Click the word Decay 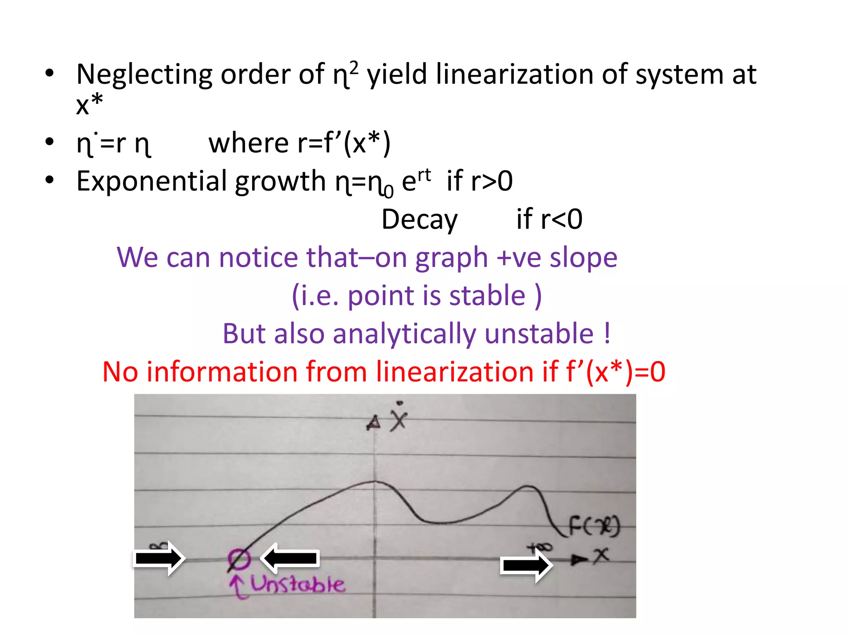tap(419, 219)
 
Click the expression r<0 tap(561, 219)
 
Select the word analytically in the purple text tap(404, 334)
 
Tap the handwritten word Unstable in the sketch tap(297, 585)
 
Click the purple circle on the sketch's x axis tap(239, 559)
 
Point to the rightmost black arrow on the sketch tap(526, 565)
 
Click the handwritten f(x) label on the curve tap(594, 526)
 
